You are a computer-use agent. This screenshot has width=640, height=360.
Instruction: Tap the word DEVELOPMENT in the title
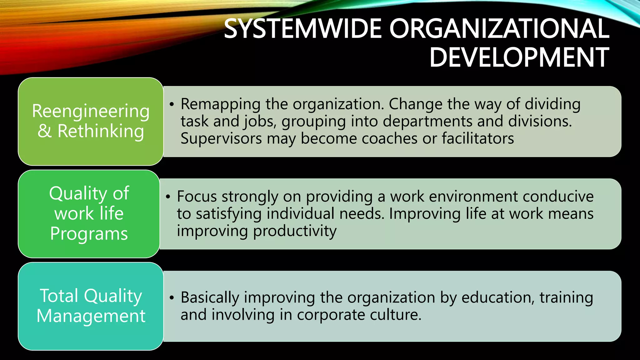(519, 57)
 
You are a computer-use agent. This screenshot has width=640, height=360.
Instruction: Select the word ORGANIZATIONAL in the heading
(499, 29)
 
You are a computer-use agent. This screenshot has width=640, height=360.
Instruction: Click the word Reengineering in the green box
(91, 111)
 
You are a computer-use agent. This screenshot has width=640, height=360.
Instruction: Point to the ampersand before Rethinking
(44, 131)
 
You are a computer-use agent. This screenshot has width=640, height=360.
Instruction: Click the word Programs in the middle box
(89, 233)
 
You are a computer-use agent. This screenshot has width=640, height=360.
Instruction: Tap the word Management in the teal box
(91, 316)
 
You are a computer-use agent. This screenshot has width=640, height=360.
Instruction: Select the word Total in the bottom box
(59, 296)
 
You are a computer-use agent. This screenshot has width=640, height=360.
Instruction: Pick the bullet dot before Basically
(172, 297)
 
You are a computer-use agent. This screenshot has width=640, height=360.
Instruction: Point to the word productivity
(295, 231)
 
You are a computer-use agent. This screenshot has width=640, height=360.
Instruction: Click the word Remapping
(221, 104)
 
